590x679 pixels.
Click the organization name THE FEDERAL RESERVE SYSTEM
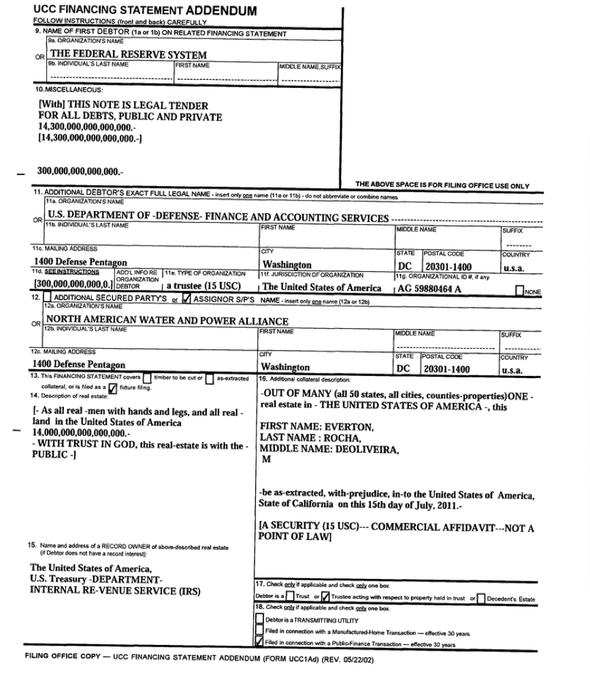(129, 54)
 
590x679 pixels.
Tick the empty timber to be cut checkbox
(147, 379)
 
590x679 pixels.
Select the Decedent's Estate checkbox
(480, 599)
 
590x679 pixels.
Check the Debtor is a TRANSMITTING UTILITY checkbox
(259, 619)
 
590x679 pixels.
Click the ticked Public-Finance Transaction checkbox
(259, 642)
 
